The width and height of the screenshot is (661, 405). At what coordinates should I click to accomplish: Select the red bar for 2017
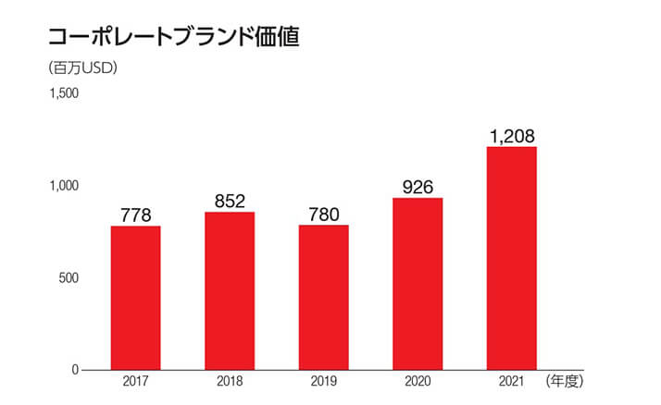(136, 298)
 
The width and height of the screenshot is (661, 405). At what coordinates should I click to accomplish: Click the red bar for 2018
(230, 291)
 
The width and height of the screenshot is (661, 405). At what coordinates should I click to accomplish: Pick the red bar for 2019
(323, 298)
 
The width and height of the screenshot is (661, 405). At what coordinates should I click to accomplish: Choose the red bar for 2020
(418, 284)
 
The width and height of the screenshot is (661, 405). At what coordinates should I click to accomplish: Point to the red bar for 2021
(512, 258)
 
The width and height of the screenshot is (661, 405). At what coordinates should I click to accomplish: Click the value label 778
(136, 215)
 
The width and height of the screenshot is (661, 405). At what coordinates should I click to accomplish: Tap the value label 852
(230, 202)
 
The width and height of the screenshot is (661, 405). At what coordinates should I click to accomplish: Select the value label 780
(323, 215)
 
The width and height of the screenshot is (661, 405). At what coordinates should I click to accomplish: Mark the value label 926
(418, 188)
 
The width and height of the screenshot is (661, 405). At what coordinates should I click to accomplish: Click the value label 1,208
(512, 137)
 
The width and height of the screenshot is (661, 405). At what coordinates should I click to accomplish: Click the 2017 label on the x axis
(136, 382)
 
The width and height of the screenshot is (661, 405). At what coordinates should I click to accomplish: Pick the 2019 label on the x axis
(323, 382)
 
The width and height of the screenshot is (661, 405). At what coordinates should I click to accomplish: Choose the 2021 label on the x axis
(512, 382)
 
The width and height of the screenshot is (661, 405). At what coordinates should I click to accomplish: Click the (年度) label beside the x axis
(566, 381)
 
